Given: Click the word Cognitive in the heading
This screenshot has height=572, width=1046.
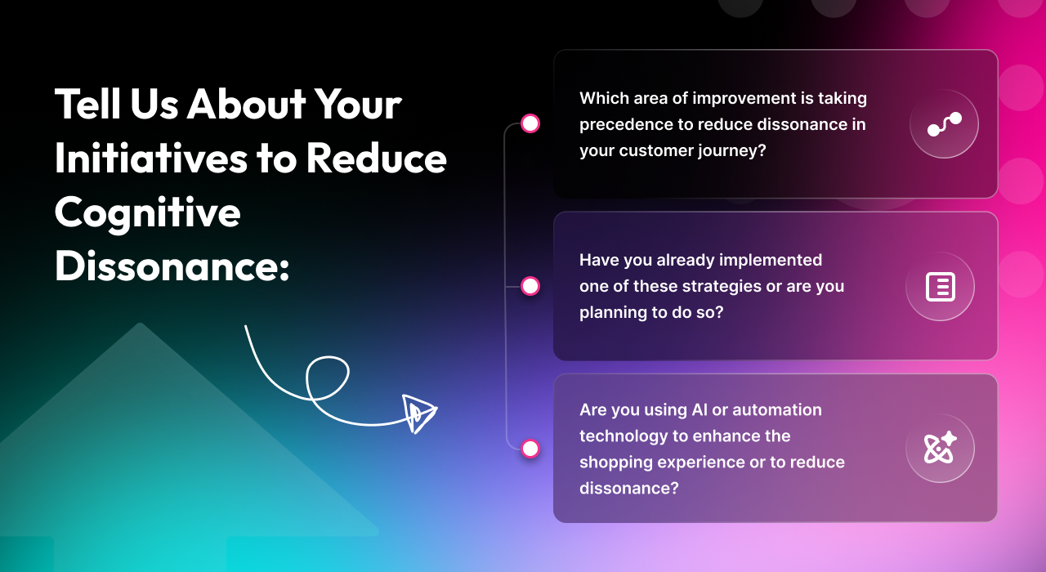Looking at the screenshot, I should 148,213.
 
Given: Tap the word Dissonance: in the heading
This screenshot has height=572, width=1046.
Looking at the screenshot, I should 172,266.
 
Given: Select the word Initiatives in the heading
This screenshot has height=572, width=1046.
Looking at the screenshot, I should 147,159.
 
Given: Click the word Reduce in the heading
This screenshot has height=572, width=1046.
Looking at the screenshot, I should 377,159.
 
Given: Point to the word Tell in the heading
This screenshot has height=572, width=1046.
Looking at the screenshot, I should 87,105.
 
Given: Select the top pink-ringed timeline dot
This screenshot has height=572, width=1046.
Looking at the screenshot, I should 530,123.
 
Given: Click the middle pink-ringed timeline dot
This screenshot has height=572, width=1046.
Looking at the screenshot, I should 530,286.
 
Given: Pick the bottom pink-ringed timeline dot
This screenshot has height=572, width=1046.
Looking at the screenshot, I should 530,449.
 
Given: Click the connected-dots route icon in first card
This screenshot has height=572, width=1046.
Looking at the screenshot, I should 944,124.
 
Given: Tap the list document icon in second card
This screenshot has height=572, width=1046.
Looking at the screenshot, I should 940,287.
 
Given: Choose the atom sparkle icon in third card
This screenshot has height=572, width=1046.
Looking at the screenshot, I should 940,449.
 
